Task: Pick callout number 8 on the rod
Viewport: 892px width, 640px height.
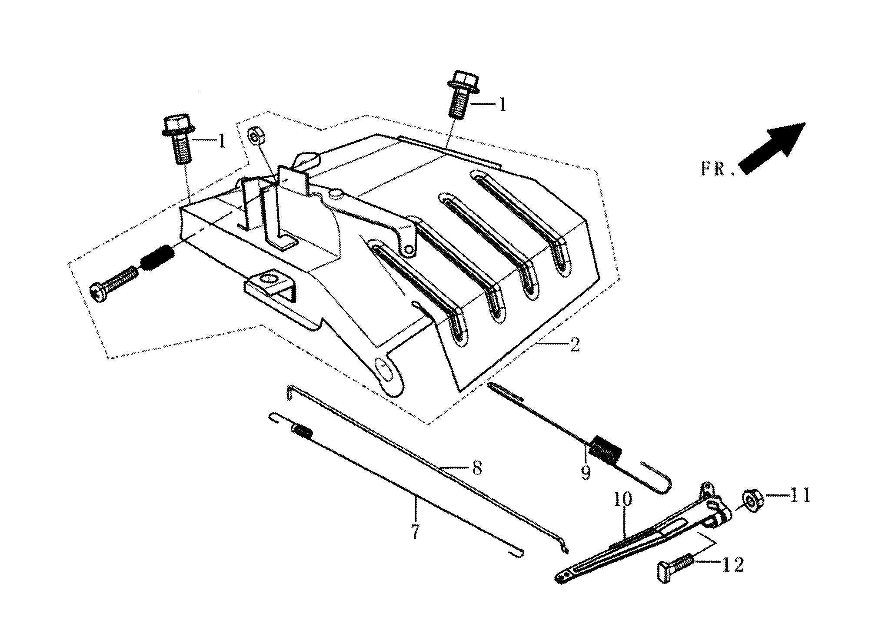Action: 477,468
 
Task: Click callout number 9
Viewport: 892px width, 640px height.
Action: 586,472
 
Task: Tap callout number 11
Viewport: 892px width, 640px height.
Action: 799,495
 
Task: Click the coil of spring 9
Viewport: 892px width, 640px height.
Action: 606,453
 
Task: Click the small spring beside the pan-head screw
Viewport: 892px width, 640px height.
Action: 157,257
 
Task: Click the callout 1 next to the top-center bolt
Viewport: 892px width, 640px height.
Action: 502,105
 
